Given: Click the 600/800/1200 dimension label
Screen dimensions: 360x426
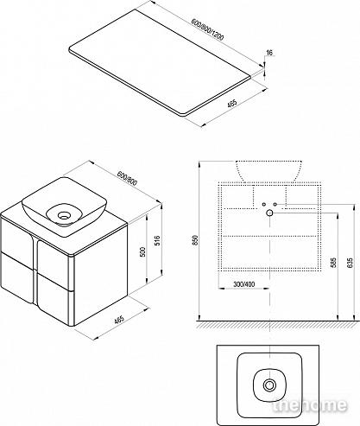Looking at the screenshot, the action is pos(208,30).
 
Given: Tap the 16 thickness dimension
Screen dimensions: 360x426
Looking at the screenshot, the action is pos(269,53).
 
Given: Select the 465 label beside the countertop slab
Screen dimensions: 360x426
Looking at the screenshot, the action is pos(231,103).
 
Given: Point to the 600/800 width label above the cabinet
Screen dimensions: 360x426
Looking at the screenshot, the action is pos(128,178).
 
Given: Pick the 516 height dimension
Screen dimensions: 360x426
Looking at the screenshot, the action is pos(157,240).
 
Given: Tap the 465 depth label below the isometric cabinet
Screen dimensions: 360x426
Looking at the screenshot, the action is pos(119,320).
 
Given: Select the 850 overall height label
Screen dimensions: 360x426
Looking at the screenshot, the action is pos(195,240).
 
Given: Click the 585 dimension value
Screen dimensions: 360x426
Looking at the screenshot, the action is pos(333,263).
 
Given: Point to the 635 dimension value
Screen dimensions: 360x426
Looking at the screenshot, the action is pos(350,263).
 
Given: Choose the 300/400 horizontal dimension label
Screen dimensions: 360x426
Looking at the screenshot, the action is pos(243,284).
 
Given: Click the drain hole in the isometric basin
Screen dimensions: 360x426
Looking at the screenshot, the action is pos(63,215).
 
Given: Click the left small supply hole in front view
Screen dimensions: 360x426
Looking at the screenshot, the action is pos(263,204).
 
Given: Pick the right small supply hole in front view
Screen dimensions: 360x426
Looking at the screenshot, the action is pos(275,204).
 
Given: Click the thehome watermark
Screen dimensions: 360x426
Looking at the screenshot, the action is pos(309,405).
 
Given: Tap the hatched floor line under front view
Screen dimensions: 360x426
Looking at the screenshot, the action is pos(277,324).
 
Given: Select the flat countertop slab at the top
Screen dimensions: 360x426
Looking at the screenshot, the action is pos(161,62).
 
